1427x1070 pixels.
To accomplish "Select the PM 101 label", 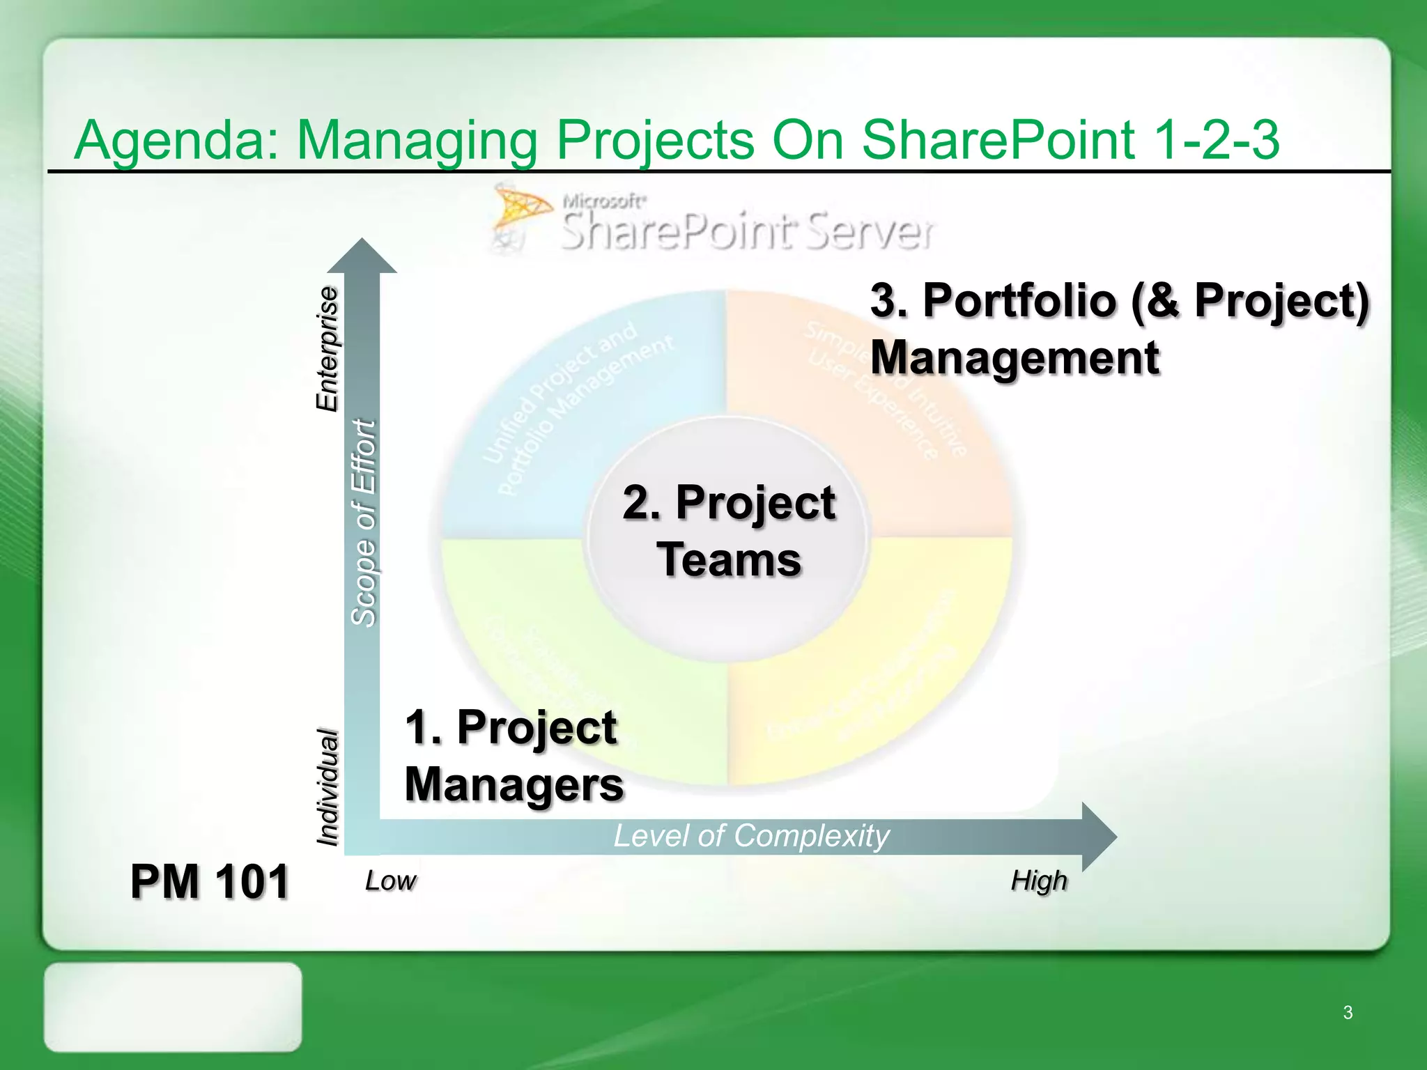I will (x=209, y=882).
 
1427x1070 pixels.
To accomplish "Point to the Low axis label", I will (x=390, y=881).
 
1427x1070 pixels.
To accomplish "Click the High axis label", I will (x=1038, y=881).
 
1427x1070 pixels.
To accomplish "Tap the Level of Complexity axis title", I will (x=751, y=836).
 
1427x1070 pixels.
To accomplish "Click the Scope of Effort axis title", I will (x=363, y=522).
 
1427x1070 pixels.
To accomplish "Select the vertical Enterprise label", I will (x=327, y=348).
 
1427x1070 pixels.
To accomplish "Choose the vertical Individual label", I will (x=327, y=787).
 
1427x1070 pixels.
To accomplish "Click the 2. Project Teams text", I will (x=728, y=531).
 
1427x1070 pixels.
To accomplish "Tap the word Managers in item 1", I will (x=514, y=784).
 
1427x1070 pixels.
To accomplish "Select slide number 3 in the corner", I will (x=1348, y=1012).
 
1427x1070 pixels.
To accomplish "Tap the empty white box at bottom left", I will (x=173, y=1007).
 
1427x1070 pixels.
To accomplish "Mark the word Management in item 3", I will (x=1015, y=358).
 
